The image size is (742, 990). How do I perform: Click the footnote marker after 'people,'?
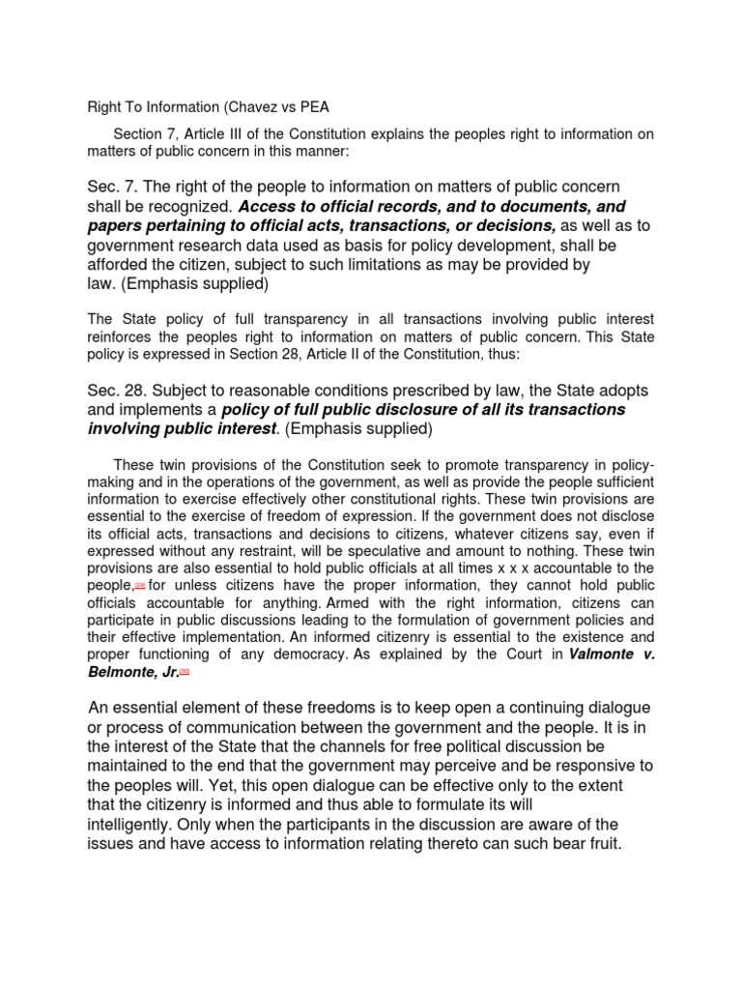tap(139, 586)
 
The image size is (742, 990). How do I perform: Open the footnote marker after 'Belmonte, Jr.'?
tap(184, 672)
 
